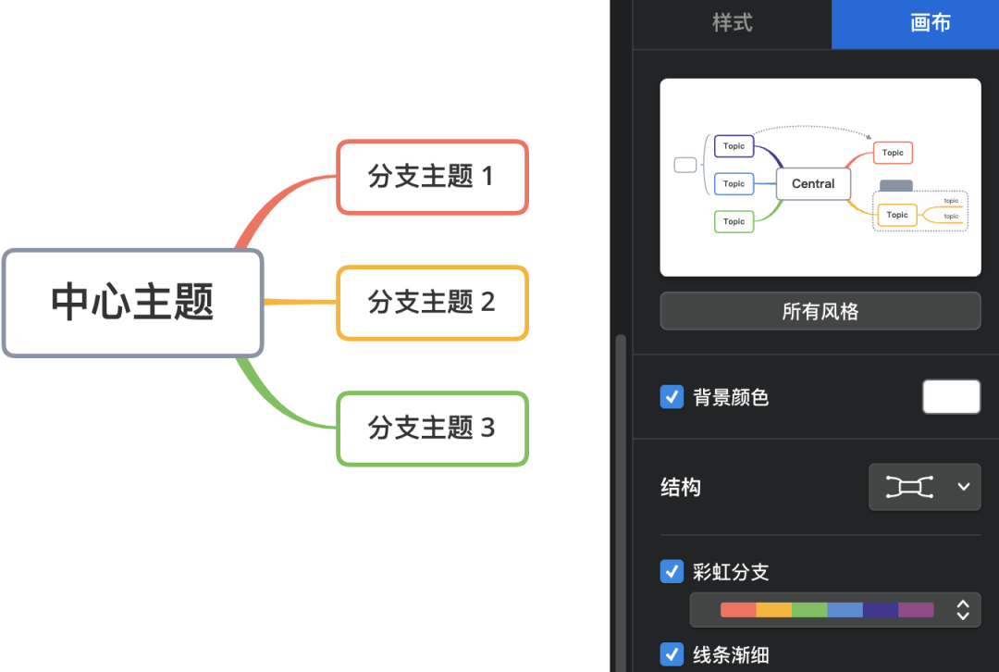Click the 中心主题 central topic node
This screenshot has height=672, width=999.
pos(133,303)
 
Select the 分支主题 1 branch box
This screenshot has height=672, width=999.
pos(432,177)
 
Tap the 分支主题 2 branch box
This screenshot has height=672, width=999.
pos(432,303)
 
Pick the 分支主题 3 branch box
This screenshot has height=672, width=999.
pos(432,429)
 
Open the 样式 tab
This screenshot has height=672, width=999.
pos(732,23)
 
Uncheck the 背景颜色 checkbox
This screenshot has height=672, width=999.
pos(672,397)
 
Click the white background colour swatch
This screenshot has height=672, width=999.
pos(951,397)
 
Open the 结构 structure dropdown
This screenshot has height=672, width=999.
pos(924,487)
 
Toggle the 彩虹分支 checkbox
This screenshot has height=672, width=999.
pos(672,571)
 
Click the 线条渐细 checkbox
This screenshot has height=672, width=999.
pos(672,654)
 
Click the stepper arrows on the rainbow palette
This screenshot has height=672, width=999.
pos(963,610)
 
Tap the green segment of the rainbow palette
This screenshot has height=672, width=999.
pos(809,610)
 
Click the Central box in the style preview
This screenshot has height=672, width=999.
pos(813,184)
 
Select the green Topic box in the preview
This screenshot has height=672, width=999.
pos(734,221)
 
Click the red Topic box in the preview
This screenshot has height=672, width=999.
pos(893,153)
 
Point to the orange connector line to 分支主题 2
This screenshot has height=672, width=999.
pos(300,302)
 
